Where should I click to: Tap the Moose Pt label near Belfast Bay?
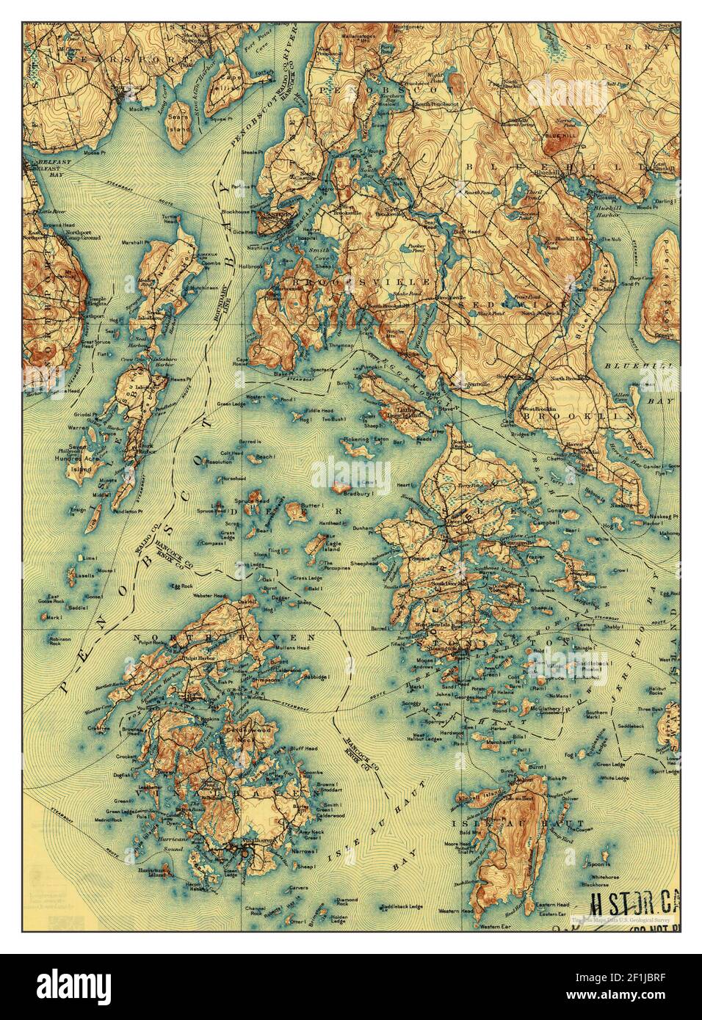(95, 153)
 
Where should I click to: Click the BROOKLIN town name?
(577, 415)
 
